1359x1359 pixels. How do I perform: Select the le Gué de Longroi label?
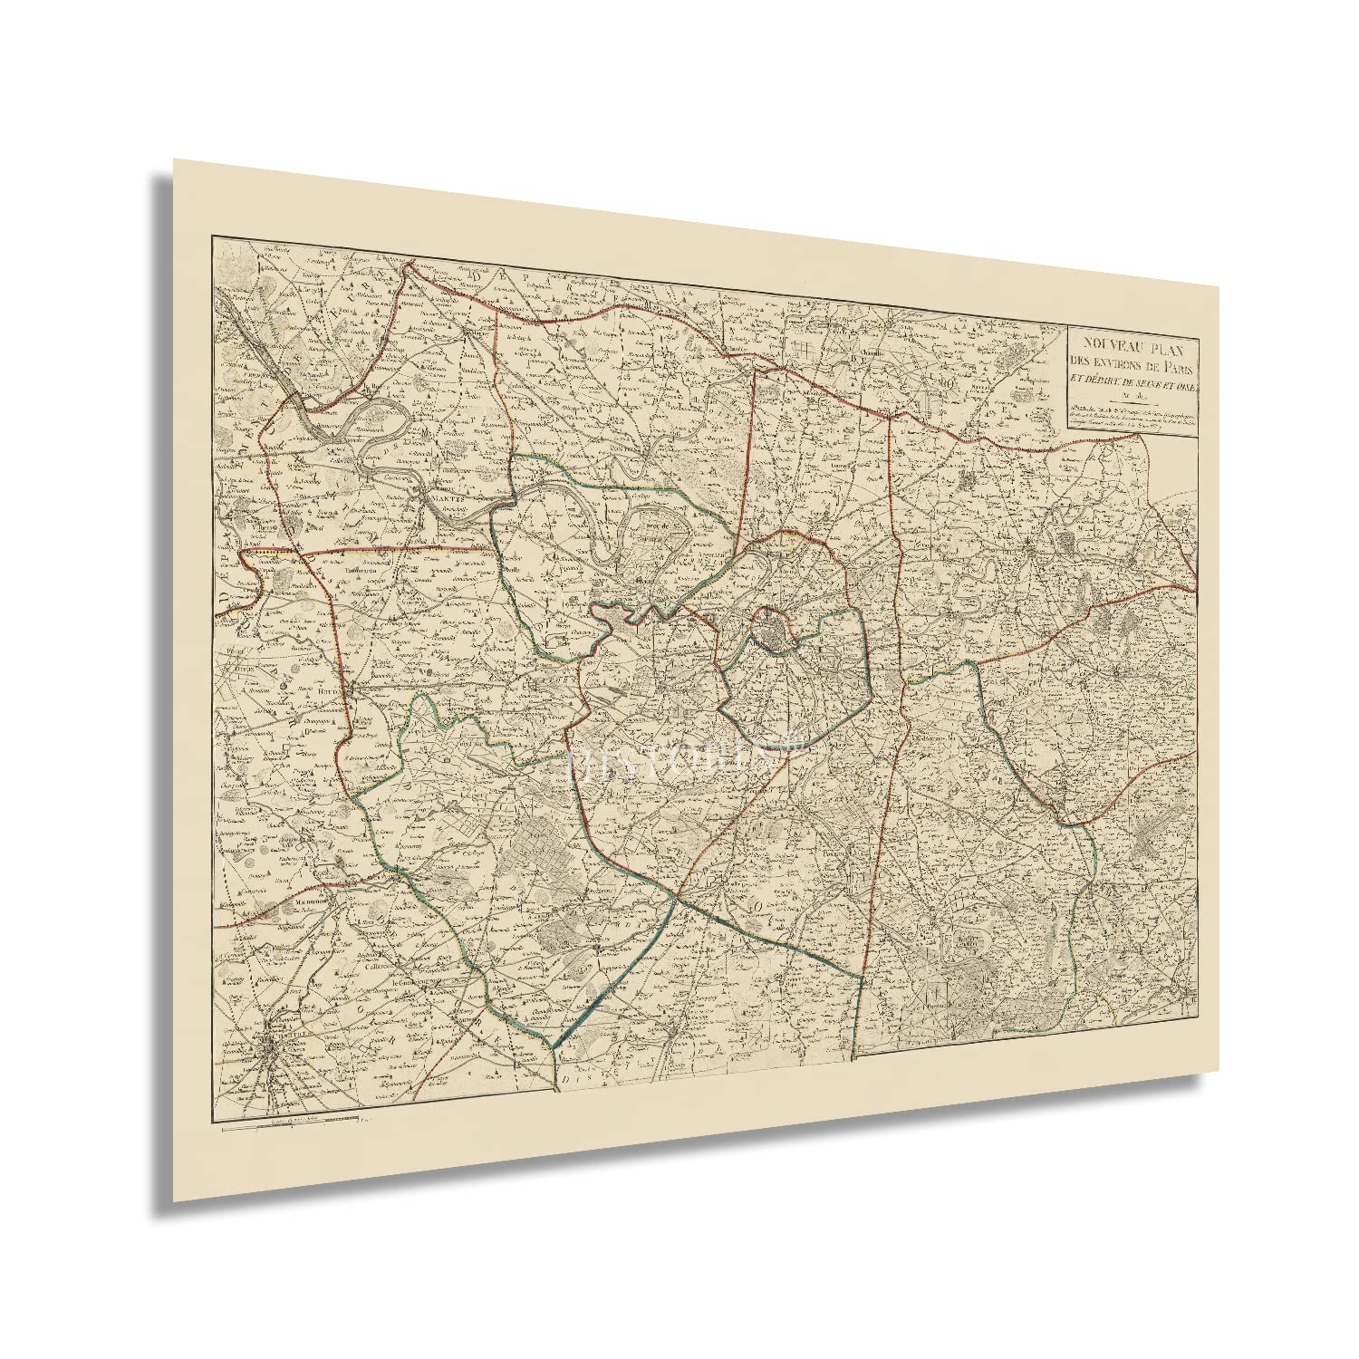coord(413,978)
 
